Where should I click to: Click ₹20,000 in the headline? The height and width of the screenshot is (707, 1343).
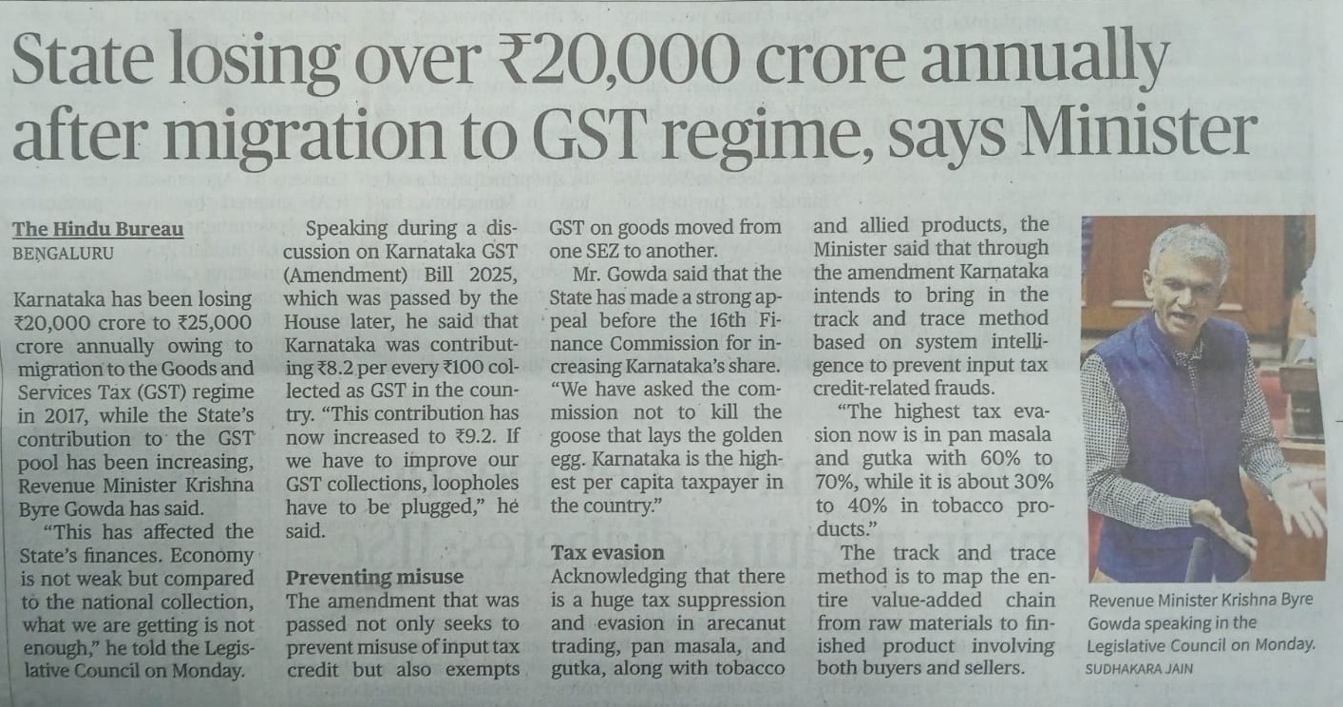[x=610, y=64]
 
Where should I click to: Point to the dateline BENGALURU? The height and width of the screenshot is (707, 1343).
[x=63, y=253]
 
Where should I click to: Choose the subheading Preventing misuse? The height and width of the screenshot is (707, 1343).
[x=375, y=576]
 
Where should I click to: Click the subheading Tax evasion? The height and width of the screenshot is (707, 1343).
[x=608, y=552]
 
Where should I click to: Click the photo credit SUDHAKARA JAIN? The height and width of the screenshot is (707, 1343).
[x=1140, y=669]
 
